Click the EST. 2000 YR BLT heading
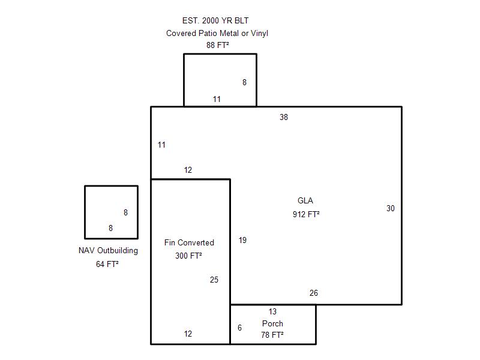(x=215, y=20)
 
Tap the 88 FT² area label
(x=218, y=45)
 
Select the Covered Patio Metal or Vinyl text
(x=217, y=33)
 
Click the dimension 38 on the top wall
(x=284, y=117)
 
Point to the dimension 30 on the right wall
(x=391, y=208)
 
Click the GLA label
(x=305, y=200)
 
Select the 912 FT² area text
(x=306, y=214)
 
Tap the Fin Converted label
(x=189, y=242)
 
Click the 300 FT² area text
(x=188, y=256)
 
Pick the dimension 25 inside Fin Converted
(x=214, y=280)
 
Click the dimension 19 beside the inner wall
(x=242, y=240)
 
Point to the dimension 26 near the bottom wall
(x=313, y=293)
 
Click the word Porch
(x=272, y=323)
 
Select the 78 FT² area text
(x=272, y=335)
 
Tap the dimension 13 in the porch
(x=272, y=311)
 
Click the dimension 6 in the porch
(x=239, y=328)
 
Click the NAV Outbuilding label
(x=109, y=250)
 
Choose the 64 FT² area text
(x=107, y=264)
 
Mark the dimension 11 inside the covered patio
(x=217, y=99)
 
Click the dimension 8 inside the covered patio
(x=244, y=82)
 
